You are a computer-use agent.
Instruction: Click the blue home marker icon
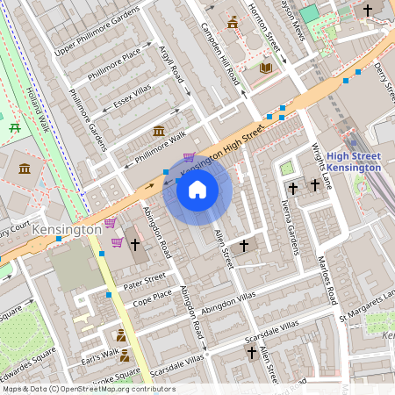pos(197,190)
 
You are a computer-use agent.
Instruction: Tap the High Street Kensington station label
pos(355,162)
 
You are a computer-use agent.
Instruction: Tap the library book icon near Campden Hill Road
pos(266,67)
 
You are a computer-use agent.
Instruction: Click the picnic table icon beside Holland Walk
pos(15,128)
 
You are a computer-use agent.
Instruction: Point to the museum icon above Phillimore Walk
pos(159,131)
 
